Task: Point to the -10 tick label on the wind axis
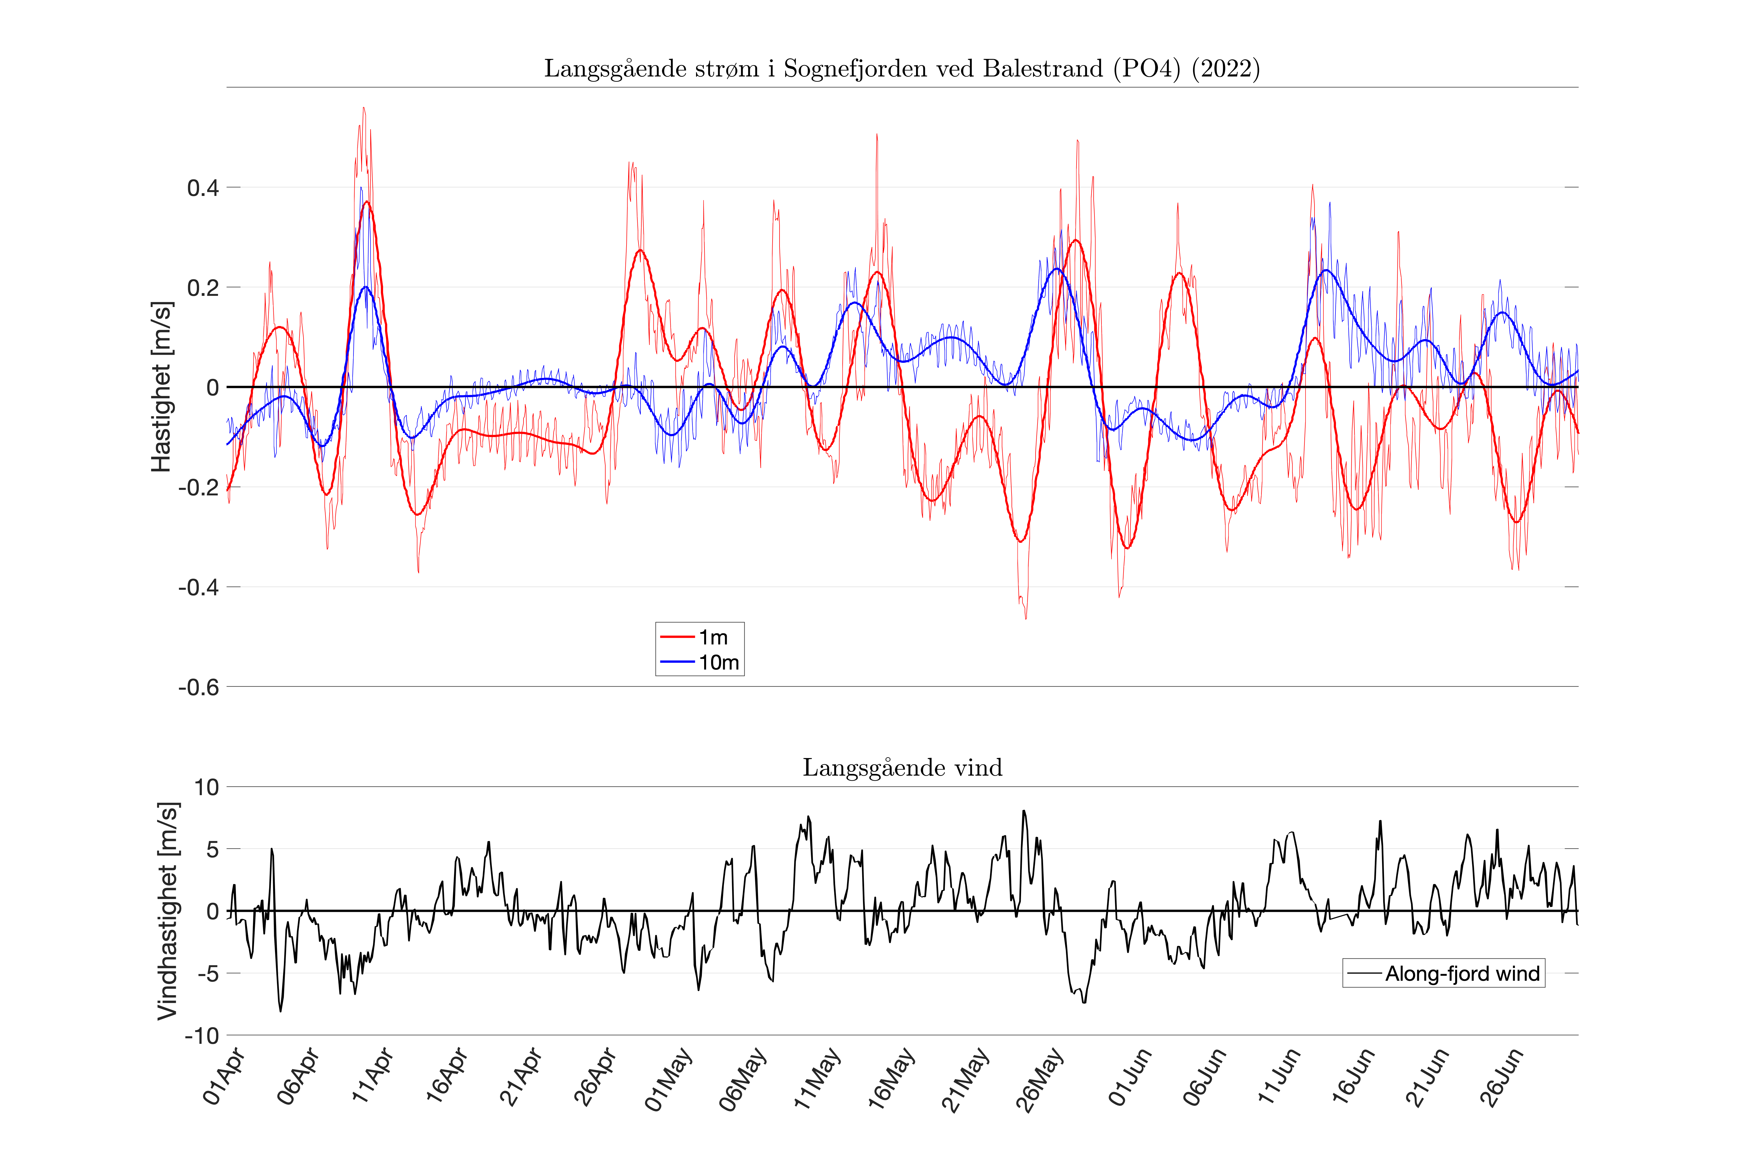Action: pos(202,1035)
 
